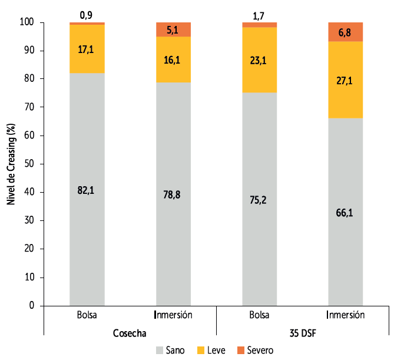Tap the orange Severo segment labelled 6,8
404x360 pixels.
tap(346, 32)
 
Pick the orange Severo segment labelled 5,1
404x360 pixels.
tap(173, 29)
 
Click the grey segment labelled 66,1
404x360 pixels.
tap(346, 212)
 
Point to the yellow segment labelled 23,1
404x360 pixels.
tap(260, 60)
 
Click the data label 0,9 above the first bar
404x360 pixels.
tap(87, 13)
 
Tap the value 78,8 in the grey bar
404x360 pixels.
tap(173, 194)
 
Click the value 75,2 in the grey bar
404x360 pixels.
tap(260, 199)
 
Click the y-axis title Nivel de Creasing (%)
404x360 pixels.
tap(11, 164)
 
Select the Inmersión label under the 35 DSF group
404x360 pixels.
tap(346, 315)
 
